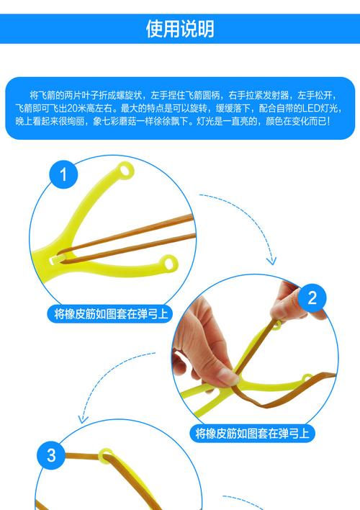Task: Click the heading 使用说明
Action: (x=180, y=29)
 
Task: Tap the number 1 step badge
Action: (x=63, y=175)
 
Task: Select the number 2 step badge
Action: (x=312, y=298)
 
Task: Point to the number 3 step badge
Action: (x=51, y=455)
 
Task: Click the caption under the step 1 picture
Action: (x=114, y=314)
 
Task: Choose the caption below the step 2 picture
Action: (x=252, y=434)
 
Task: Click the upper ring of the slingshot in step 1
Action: (x=126, y=170)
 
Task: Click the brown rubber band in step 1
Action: (x=130, y=238)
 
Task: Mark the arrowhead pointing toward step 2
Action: (x=271, y=259)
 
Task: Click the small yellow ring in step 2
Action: (x=307, y=377)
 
